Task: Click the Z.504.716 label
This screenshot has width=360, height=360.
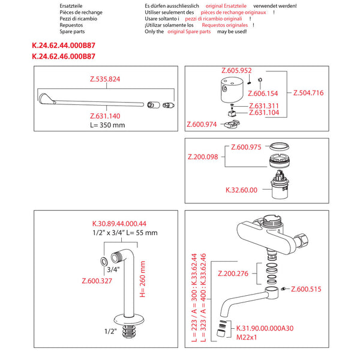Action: pos(308,93)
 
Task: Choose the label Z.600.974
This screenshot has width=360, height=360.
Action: pos(202,124)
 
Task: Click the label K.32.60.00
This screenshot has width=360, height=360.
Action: pos(241,190)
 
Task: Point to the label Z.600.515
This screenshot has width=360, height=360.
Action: pos(306,289)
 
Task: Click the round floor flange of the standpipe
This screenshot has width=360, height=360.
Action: pos(128,320)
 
